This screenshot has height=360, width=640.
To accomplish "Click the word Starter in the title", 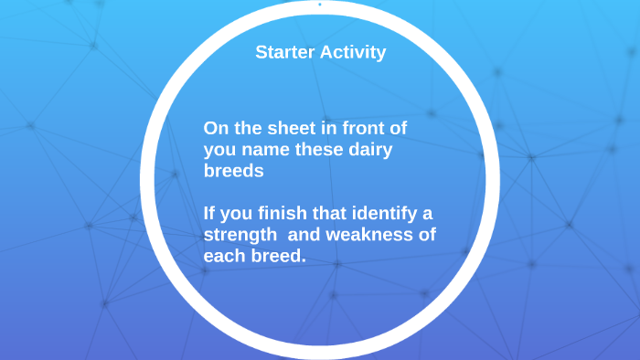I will pyautogui.click(x=285, y=52).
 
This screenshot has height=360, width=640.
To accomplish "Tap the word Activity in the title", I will pyautogui.click(x=353, y=52).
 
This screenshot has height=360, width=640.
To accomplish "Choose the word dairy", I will pyautogui.click(x=368, y=150).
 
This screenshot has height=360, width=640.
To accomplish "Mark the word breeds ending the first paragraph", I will pyautogui.click(x=233, y=171).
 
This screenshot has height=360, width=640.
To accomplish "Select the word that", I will pyautogui.click(x=324, y=215).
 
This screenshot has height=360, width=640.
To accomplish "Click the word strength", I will pyautogui.click(x=241, y=236).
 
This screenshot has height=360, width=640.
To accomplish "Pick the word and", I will pyautogui.click(x=308, y=236).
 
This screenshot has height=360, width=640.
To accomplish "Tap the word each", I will pyautogui.click(x=224, y=257).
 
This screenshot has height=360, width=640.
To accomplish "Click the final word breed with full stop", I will pyautogui.click(x=278, y=257).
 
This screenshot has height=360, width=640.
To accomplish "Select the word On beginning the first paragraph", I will pyautogui.click(x=215, y=128).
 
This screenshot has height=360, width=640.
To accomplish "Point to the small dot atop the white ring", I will pyautogui.click(x=319, y=4).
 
